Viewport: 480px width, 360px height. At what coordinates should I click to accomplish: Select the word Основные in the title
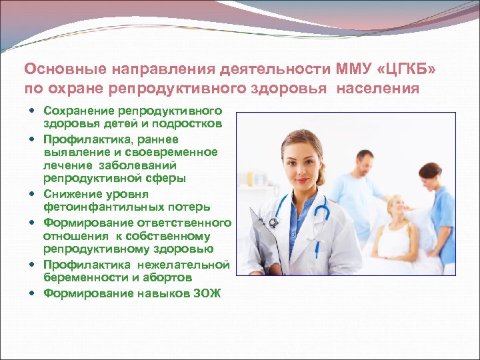56,69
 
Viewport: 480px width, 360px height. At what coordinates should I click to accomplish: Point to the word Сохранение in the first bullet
77,110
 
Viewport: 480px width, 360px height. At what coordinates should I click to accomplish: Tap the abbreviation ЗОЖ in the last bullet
207,293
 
